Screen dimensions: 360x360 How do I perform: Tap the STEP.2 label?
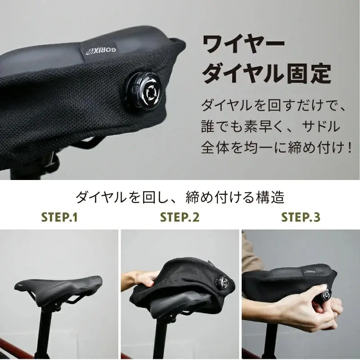(180, 218)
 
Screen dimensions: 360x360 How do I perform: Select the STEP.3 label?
(301, 218)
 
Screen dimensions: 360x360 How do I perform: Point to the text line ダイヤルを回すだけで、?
(273, 107)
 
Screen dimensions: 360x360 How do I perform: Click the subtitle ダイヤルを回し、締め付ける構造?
(180, 197)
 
